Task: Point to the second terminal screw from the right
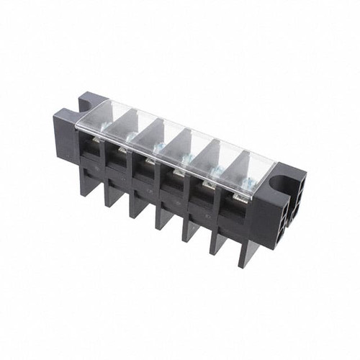215,173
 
